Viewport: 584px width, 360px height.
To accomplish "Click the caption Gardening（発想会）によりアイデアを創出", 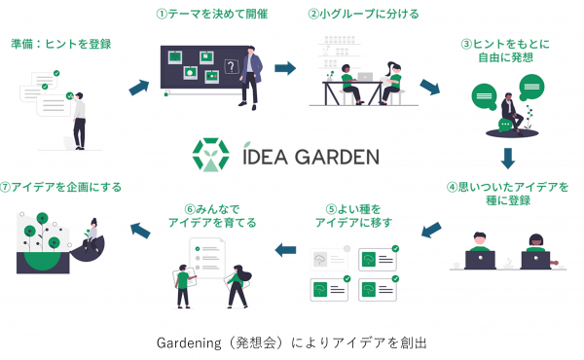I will coord(291,342).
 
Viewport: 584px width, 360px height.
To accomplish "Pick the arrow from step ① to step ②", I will coord(285,68).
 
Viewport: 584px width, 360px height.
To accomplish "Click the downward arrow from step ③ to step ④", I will coord(507,156).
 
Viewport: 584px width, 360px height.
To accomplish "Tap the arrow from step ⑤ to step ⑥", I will coord(285,250).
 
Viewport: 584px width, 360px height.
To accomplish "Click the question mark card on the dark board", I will coord(231,67).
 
